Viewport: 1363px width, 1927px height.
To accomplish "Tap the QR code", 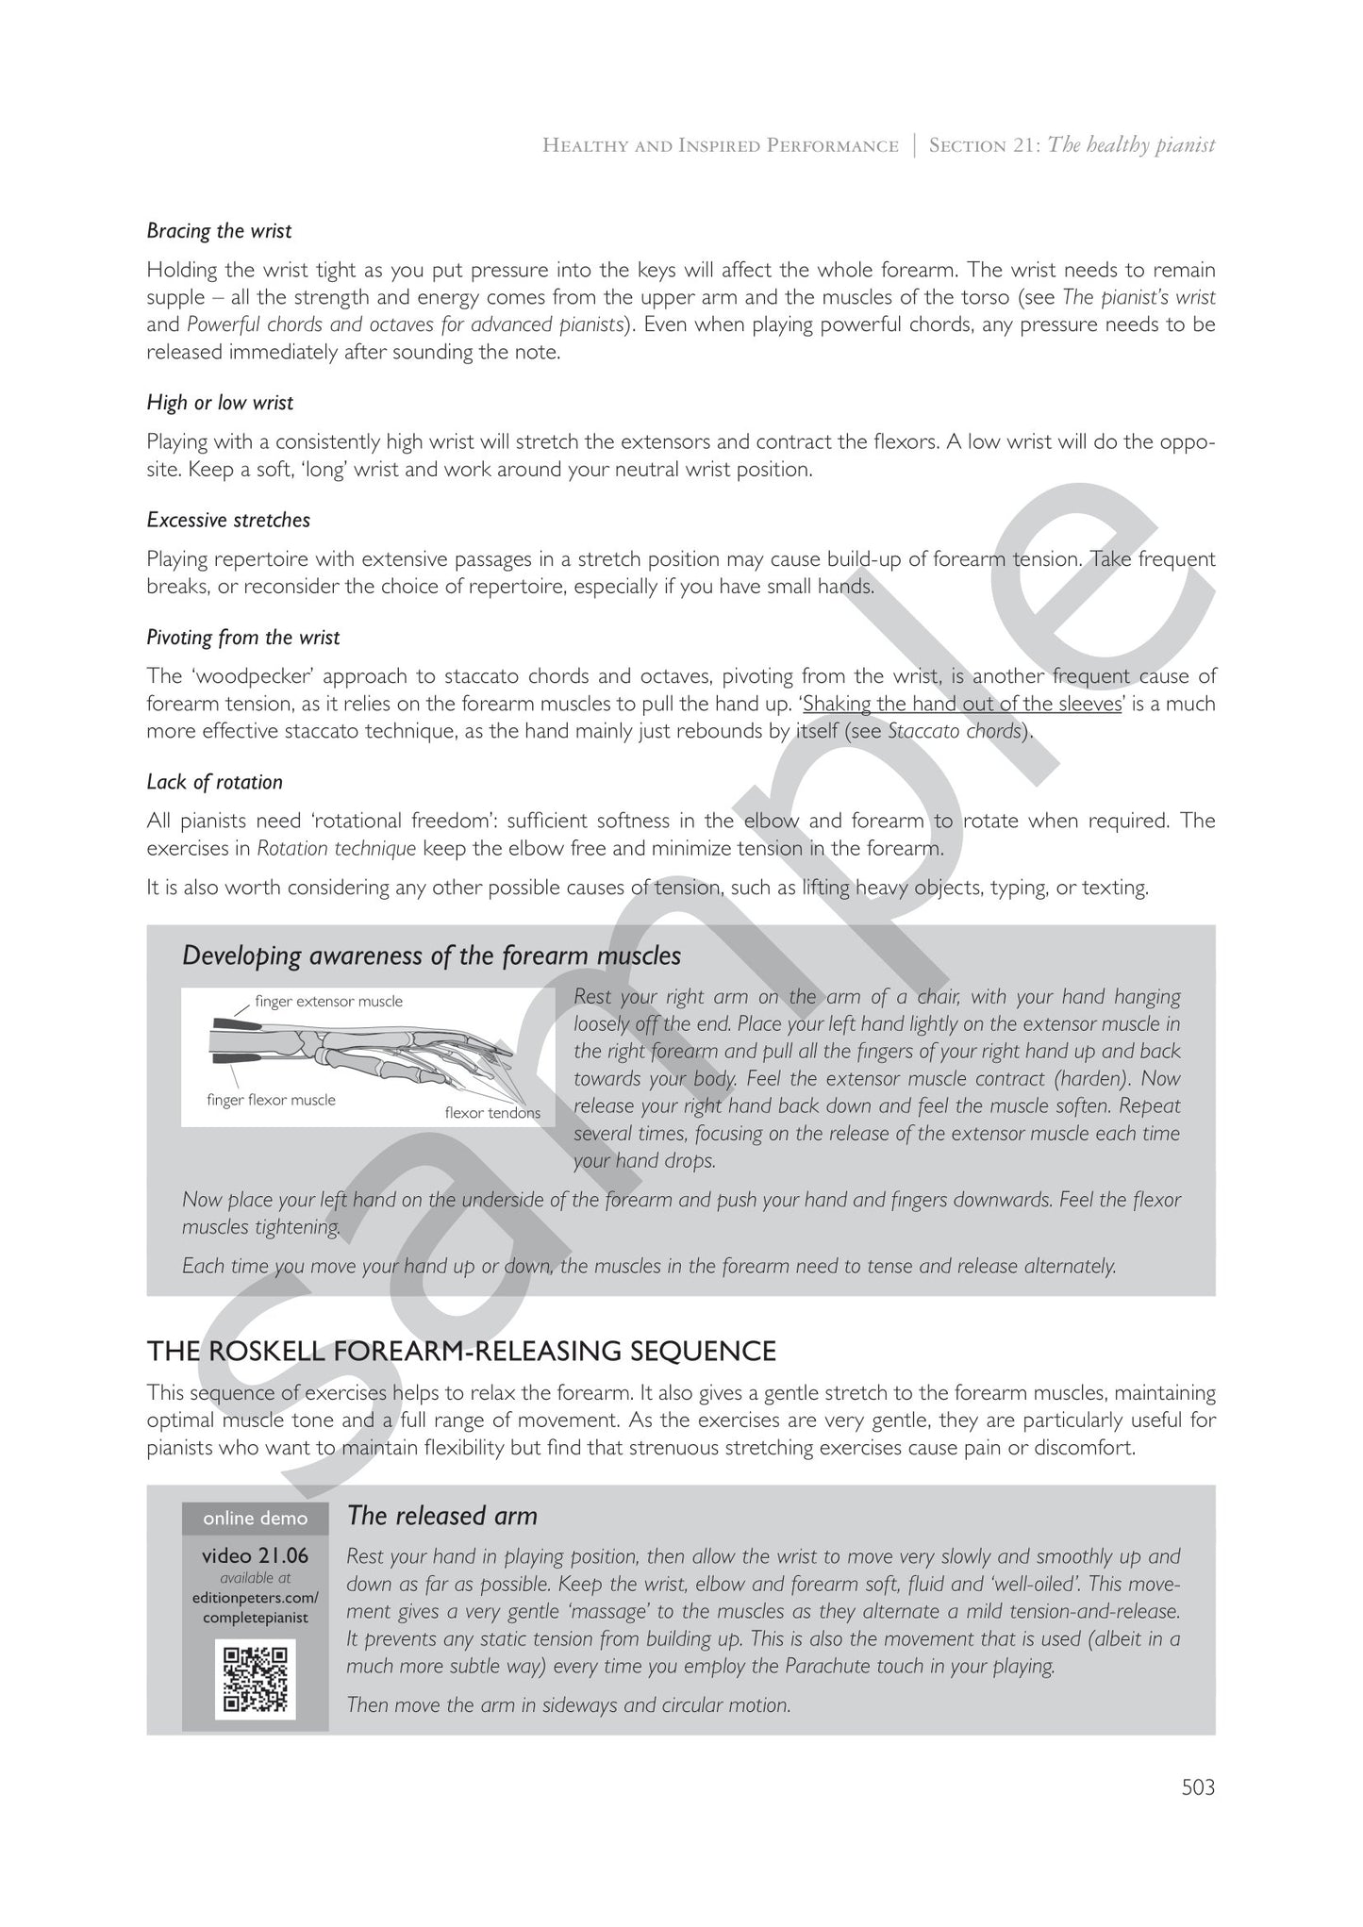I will (x=255, y=1679).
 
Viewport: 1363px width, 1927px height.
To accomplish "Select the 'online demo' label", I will (x=255, y=1518).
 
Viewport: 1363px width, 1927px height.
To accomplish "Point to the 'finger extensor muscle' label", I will (x=328, y=1001).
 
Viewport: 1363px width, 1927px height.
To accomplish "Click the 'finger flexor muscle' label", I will (x=271, y=1100).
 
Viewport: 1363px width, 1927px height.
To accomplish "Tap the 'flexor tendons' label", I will (x=492, y=1113).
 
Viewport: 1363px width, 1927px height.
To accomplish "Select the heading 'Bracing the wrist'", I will (x=219, y=231).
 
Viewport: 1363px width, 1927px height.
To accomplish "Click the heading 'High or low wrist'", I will (x=220, y=403).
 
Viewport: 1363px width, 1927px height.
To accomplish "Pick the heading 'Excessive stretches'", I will (x=228, y=520).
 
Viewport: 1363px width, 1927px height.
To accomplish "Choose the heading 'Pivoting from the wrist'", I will (x=242, y=638).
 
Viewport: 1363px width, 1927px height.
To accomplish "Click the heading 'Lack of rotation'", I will (x=214, y=782).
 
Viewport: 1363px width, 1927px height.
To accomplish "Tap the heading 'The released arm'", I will (x=441, y=1516).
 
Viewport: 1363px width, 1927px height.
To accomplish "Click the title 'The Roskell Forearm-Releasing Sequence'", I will (x=461, y=1351).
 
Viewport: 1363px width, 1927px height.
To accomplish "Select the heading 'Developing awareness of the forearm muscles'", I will (x=431, y=955).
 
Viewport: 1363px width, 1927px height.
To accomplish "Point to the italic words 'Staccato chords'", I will (x=955, y=732).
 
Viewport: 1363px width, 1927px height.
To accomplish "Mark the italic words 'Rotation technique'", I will (x=337, y=848).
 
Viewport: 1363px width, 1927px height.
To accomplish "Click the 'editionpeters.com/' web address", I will (x=255, y=1597).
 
